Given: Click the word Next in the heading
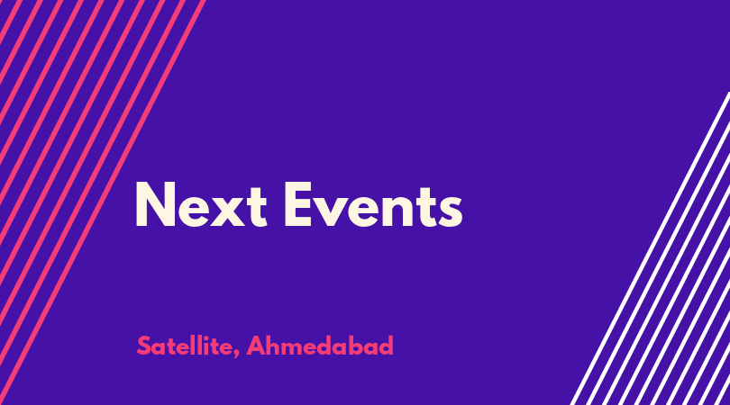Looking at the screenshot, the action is click(x=201, y=204).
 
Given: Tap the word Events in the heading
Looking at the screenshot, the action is click(x=373, y=204).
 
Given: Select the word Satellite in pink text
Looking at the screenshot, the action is click(x=185, y=346).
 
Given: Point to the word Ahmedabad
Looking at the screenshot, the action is click(x=320, y=346).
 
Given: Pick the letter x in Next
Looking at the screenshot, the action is click(x=228, y=211).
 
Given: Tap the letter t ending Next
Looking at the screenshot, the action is click(x=257, y=208).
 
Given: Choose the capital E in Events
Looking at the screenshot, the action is click(x=297, y=204).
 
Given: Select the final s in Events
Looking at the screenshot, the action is click(x=451, y=211).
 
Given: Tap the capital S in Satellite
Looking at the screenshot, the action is click(x=144, y=346).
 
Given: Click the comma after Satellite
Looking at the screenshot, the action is click(x=236, y=355).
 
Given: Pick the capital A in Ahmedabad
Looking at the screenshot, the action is click(x=256, y=346).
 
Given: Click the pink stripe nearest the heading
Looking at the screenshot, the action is click(x=103, y=202).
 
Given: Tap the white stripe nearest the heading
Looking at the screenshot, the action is click(x=650, y=248).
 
